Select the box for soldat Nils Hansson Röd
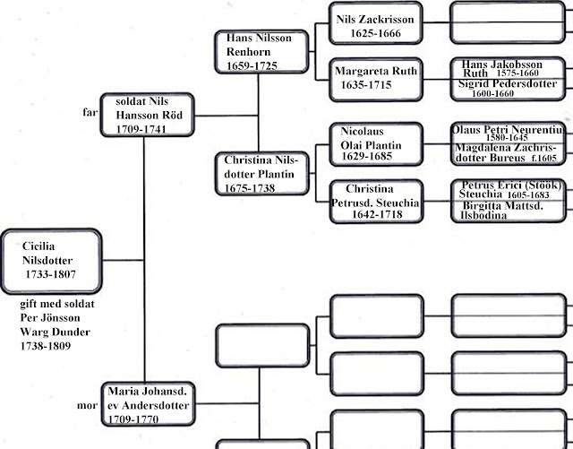[x=144, y=116]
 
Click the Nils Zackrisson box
[x=374, y=24]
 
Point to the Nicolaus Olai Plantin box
[x=374, y=143]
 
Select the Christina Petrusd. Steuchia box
[x=374, y=202]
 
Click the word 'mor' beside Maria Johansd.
[x=88, y=406]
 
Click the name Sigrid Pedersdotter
[x=507, y=88]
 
